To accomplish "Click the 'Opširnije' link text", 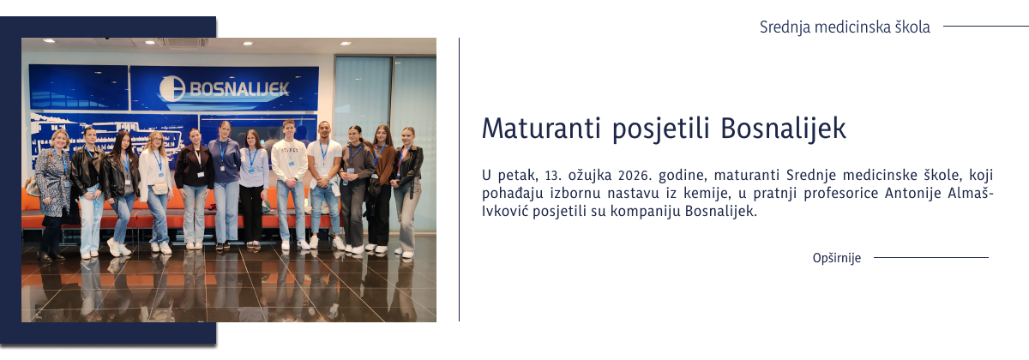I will coord(836,258).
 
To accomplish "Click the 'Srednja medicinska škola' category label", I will coord(844,27).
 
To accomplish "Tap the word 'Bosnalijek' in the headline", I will coord(783,129).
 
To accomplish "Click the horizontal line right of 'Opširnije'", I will coord(930,257).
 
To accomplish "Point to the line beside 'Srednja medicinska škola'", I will coord(985,27).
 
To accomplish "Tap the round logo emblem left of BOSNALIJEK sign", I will coord(172,88).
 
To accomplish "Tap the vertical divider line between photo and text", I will coord(460,180).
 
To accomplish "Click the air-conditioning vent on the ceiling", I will coord(188,41).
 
